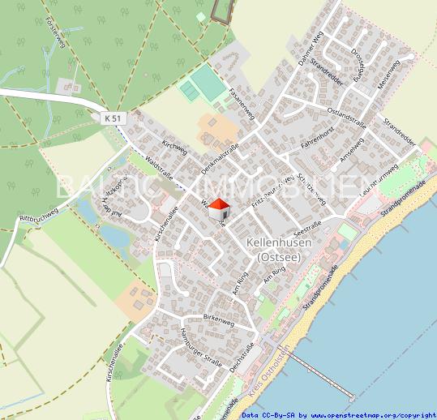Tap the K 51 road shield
tap(115, 118)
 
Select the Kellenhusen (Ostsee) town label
tap(273, 250)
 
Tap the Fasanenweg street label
tap(242, 103)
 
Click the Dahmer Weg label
tap(310, 50)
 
